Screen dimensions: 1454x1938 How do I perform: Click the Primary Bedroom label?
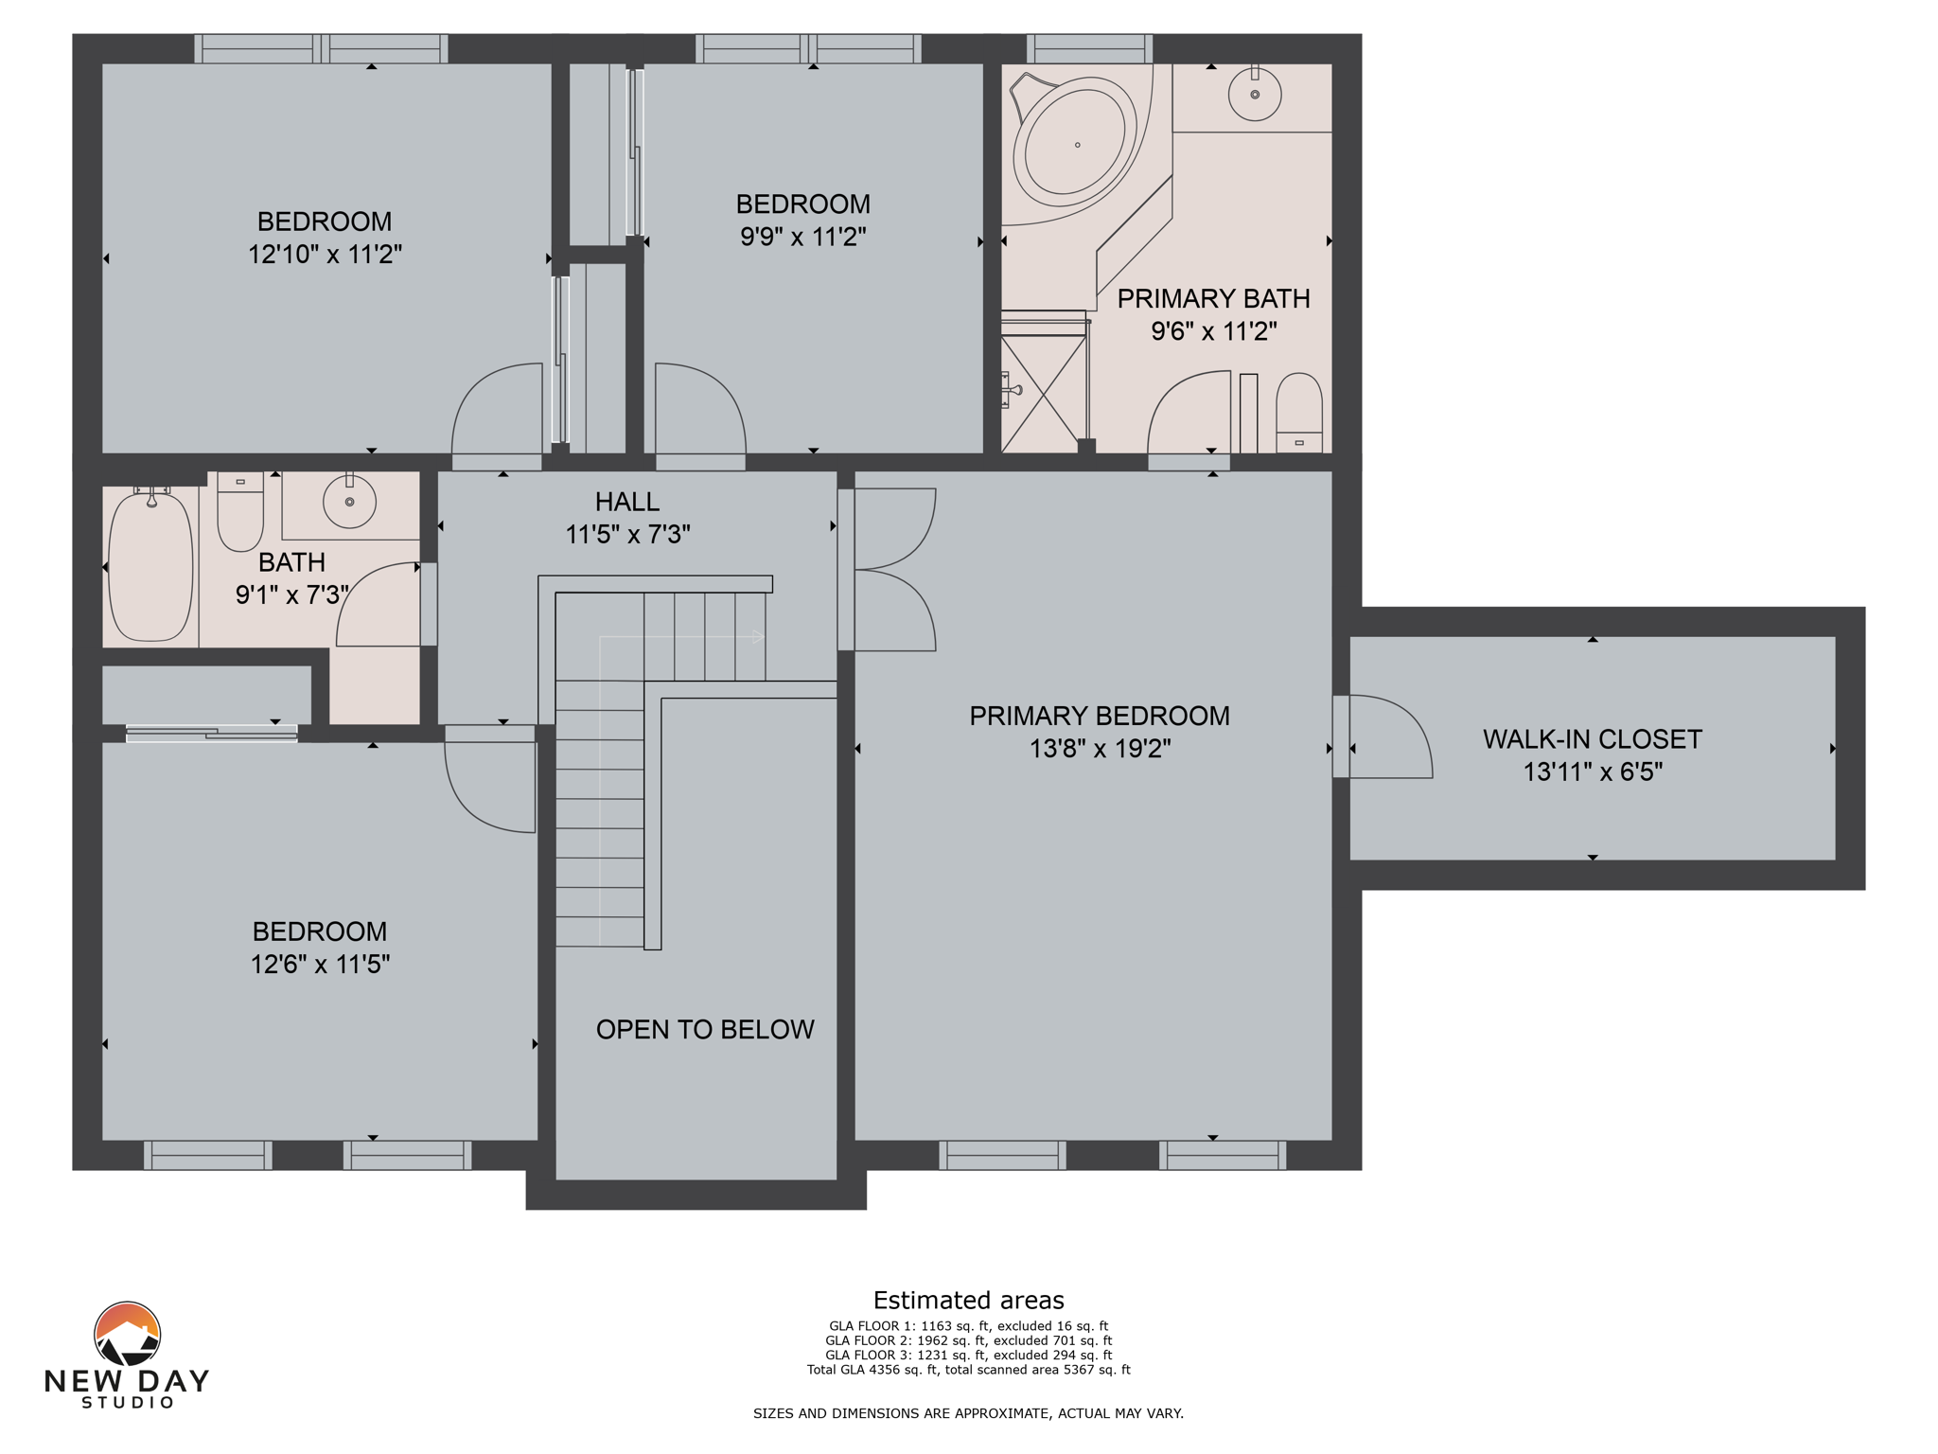click(x=1100, y=716)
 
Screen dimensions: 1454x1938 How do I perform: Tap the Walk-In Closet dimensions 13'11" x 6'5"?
click(x=1592, y=771)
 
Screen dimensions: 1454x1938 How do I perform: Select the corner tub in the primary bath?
click(x=1075, y=145)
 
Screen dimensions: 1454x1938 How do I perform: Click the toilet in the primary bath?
click(x=1298, y=413)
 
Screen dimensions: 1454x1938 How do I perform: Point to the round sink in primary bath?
click(x=1255, y=95)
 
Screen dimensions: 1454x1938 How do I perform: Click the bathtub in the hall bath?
click(x=150, y=566)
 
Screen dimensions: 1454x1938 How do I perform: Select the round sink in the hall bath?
click(x=349, y=501)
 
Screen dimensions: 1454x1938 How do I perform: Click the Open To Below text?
click(x=704, y=1029)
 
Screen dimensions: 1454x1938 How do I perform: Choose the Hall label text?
click(x=626, y=502)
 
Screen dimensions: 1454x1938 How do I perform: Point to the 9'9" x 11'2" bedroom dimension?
click(x=802, y=237)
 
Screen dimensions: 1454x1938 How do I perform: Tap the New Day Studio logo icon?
click(x=127, y=1335)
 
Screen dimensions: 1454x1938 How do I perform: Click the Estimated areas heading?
click(x=968, y=1300)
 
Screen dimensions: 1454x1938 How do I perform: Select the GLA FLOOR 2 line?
click(x=968, y=1340)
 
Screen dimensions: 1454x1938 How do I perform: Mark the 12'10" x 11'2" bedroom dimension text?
click(x=325, y=254)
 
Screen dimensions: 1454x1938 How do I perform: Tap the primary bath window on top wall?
click(x=1089, y=48)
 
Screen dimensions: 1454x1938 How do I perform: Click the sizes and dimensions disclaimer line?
click(x=968, y=1413)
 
